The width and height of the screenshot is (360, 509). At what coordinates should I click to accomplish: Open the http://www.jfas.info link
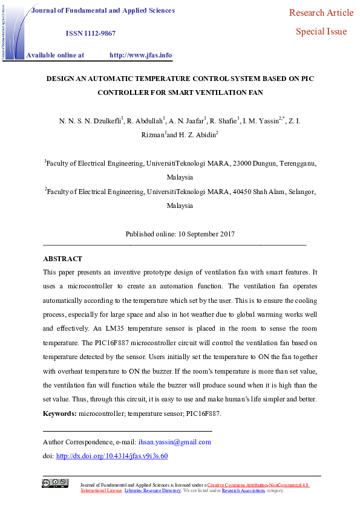pos(140,55)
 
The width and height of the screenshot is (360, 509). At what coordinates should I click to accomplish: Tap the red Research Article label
pos(321,13)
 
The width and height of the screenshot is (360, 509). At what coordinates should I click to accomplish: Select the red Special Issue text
pos(321,31)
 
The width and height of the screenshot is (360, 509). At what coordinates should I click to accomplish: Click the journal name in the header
pos(103,10)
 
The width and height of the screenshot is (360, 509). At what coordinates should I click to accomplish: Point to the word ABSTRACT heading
pos(62,259)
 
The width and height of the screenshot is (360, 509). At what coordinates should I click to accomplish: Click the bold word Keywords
pos(59,413)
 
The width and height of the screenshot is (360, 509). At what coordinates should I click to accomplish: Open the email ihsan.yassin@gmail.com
pos(175,442)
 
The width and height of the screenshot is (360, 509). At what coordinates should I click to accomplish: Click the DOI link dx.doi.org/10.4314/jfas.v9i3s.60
pos(111,456)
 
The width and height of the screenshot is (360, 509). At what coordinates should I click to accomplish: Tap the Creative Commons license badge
pos(54,483)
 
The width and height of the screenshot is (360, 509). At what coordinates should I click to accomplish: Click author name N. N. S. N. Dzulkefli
pos(90,122)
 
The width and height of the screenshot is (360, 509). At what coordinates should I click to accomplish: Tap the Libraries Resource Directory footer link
pos(152,490)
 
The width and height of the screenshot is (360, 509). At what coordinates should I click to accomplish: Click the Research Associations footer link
pos(243,490)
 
